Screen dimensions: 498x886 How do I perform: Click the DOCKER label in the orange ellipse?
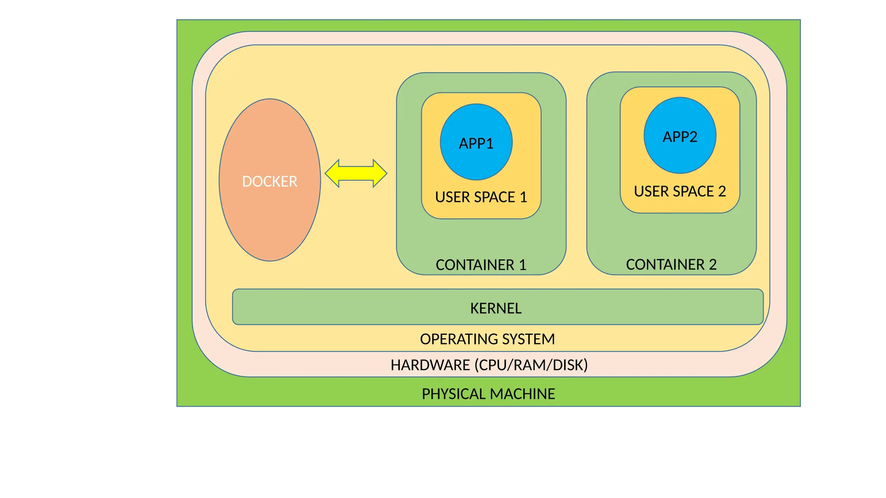pos(270,181)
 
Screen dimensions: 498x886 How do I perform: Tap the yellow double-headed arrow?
pos(356,173)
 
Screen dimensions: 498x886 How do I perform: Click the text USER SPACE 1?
pos(481,197)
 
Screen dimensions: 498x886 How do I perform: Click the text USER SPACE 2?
pos(680,191)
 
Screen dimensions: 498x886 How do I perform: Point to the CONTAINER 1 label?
pos(481,265)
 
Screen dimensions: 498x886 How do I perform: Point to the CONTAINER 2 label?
pos(671,264)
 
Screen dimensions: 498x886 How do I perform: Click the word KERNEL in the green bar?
pos(496,308)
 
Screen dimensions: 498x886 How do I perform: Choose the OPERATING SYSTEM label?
pos(487,339)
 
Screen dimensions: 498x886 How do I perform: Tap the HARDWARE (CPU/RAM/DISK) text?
pos(489,365)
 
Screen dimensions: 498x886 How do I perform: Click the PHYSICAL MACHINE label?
pos(488,394)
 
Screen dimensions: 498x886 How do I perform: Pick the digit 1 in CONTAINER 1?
pos(523,265)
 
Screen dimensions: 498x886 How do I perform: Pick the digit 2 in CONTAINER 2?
pos(713,264)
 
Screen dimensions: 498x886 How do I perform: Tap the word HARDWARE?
pos(430,365)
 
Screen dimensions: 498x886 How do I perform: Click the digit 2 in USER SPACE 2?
pos(722,191)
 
